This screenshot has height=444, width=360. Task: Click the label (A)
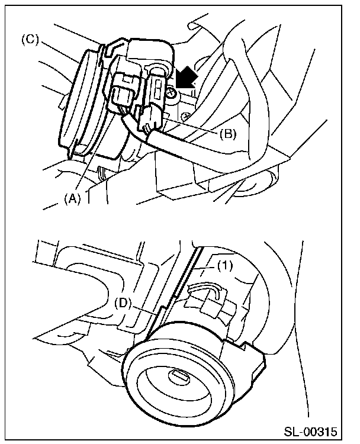pos(72,200)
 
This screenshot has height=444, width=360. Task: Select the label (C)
pos(31,41)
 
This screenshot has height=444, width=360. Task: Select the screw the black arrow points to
pos(171,93)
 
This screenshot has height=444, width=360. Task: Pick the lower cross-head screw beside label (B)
pos(185,117)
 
